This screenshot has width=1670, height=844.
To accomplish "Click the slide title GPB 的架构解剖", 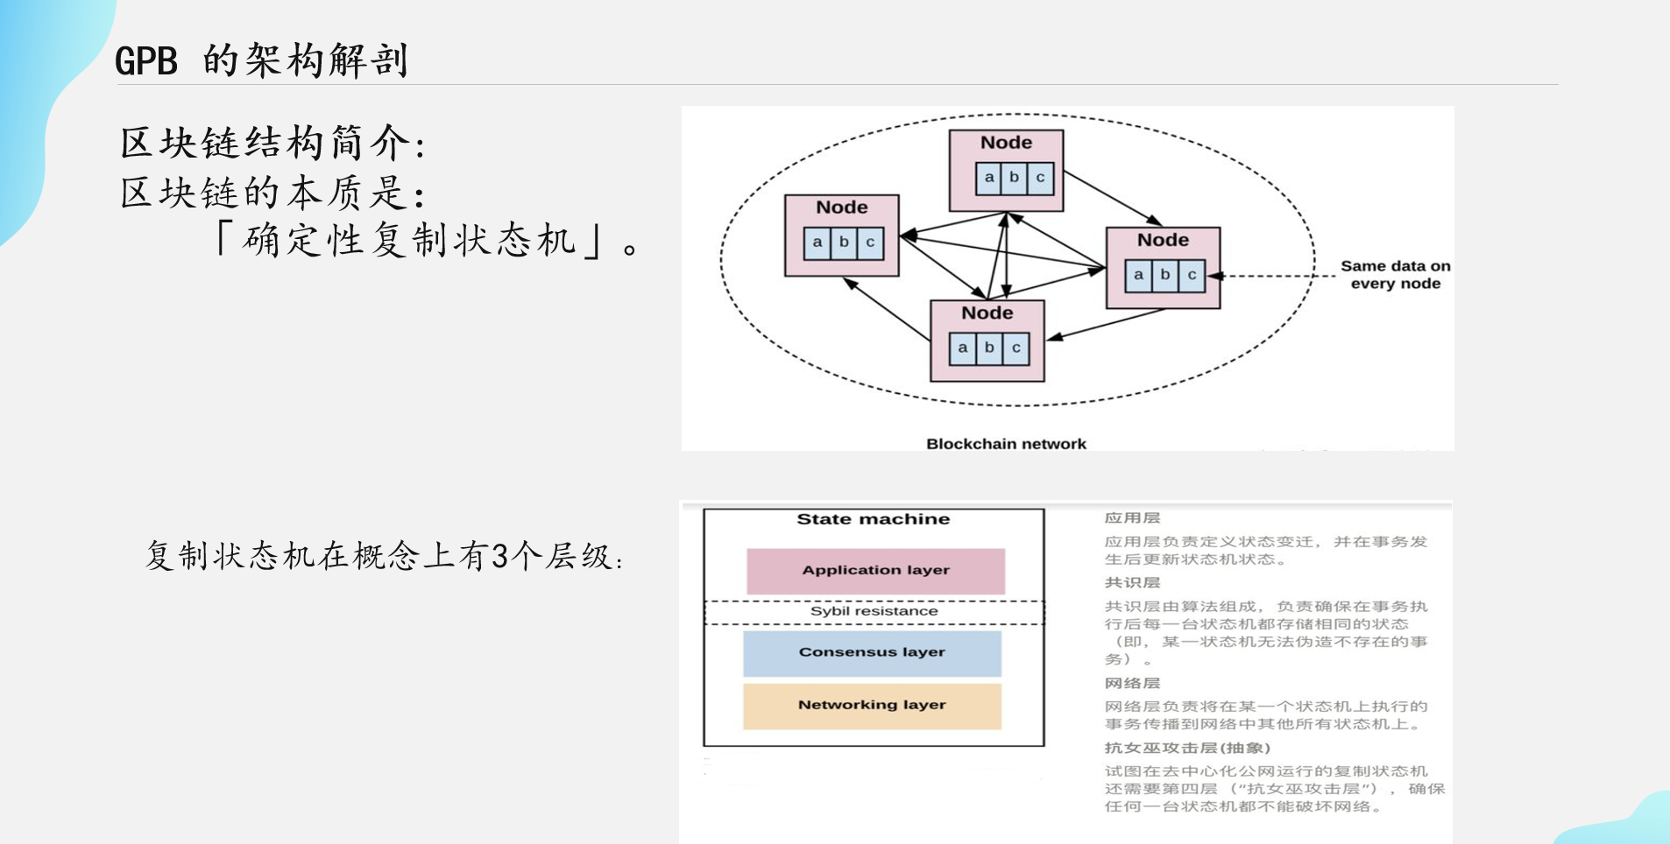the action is click(261, 60).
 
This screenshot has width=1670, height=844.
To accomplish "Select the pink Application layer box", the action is click(875, 571).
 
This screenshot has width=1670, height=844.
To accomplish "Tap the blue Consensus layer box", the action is click(872, 653).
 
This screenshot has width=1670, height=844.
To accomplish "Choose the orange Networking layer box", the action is click(872, 706).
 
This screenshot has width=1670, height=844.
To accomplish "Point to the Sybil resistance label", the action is click(874, 611).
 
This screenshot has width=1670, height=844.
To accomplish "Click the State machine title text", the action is click(873, 519).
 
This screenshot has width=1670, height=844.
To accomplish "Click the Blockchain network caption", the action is click(1006, 444).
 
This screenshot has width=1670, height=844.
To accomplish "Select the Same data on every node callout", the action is click(1395, 275).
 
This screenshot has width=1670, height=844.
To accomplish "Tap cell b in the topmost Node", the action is click(1015, 178).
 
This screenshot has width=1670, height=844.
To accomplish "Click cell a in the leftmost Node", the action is click(817, 243).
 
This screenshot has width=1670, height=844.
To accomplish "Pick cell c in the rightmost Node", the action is click(1192, 275).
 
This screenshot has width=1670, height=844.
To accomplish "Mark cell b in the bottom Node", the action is click(989, 348).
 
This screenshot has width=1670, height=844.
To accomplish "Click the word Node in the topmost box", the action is click(1006, 143).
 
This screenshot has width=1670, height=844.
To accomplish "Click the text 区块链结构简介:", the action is click(272, 144).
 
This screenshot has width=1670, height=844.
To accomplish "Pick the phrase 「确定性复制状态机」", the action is click(409, 241).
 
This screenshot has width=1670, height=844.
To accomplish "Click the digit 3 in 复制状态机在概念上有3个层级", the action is click(499, 556).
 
